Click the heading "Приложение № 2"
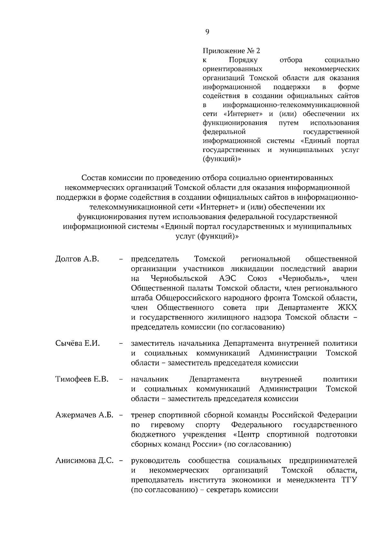[x=231, y=51]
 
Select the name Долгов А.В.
[x=77, y=259]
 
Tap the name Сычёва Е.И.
[x=77, y=343]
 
